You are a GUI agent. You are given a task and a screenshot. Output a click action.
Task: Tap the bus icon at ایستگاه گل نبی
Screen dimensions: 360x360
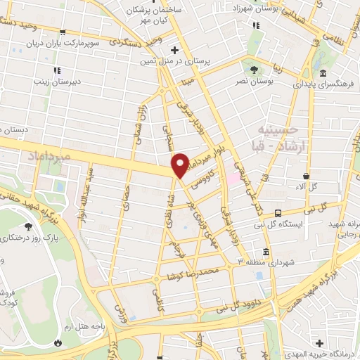(x=279, y=212)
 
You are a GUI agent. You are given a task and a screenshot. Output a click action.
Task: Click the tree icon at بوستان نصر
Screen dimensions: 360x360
(x=252, y=69)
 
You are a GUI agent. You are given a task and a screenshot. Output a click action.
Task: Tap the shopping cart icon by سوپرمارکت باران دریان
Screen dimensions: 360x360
(x=63, y=32)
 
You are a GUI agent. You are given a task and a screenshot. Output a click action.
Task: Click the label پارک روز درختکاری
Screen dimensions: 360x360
(x=31, y=238)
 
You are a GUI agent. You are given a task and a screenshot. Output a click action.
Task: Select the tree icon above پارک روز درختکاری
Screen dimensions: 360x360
(x=29, y=226)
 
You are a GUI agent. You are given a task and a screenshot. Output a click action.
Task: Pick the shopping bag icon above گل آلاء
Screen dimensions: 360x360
(x=307, y=176)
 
